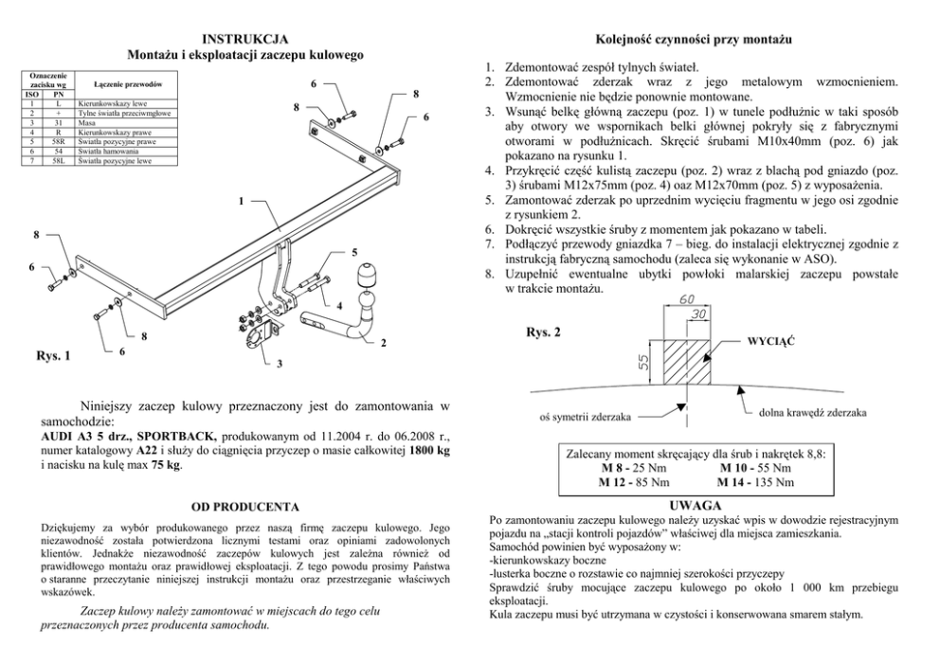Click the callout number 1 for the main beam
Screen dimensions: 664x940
(242, 202)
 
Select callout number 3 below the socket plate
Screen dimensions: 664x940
(280, 364)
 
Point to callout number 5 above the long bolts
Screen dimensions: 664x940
(353, 253)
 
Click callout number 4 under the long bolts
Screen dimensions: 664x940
(338, 306)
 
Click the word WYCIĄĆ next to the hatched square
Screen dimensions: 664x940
(770, 339)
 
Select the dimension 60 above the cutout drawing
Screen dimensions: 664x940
(688, 299)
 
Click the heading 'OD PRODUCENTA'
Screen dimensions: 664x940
(245, 507)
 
